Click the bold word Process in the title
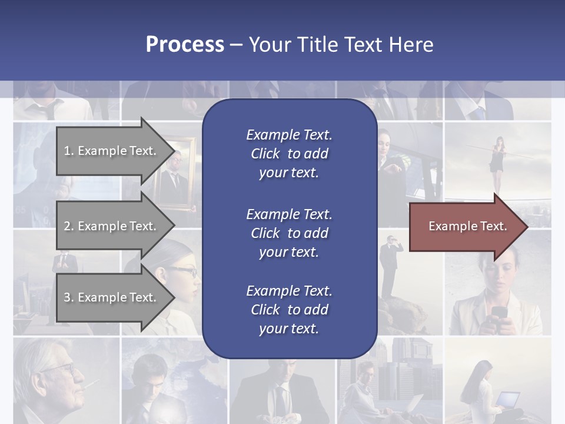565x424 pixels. [x=185, y=45]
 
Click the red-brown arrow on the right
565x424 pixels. [x=465, y=227]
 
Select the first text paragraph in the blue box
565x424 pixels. [x=289, y=154]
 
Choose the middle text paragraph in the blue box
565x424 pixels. [x=289, y=233]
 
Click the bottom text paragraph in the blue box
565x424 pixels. [x=289, y=310]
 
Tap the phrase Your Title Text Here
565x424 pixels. [x=341, y=45]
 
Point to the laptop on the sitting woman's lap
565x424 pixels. [x=507, y=401]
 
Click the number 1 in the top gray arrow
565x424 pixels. [x=67, y=151]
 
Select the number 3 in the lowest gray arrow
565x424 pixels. [x=67, y=298]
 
